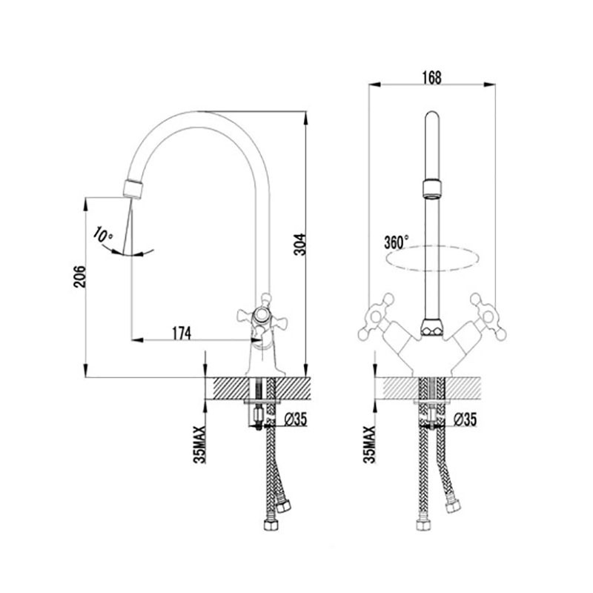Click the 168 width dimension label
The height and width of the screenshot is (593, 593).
pyautogui.click(x=431, y=78)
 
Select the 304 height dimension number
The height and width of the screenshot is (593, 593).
pyautogui.click(x=300, y=245)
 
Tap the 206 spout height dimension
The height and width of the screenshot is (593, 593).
pyautogui.click(x=80, y=276)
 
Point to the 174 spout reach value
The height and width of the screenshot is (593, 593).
pyautogui.click(x=182, y=333)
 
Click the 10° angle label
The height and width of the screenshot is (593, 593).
pyautogui.click(x=103, y=235)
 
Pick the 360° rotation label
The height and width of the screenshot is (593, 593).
pyautogui.click(x=397, y=242)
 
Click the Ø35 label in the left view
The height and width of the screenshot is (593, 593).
pyautogui.click(x=295, y=419)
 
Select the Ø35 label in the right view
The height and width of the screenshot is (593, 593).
pyautogui.click(x=465, y=419)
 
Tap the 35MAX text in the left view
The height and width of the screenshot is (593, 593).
pyautogui.click(x=199, y=445)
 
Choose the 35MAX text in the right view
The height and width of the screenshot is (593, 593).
pyautogui.click(x=369, y=445)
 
